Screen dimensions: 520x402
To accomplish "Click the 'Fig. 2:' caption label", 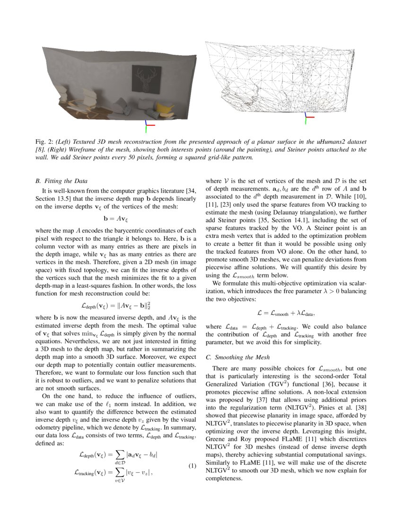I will pyautogui.click(x=45, y=141).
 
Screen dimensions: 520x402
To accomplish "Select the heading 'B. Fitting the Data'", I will pyautogui.click(x=61, y=181).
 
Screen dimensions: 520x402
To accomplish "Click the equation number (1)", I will pyautogui.click(x=192, y=466).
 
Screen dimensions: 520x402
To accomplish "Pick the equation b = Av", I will pyautogui.click(x=116, y=219).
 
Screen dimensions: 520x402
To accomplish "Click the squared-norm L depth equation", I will pyautogui.click(x=116, y=305).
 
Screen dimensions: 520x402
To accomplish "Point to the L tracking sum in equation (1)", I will pyautogui.click(x=114, y=472).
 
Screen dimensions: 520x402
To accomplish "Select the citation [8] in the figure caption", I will pyautogui.click(x=40, y=149).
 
